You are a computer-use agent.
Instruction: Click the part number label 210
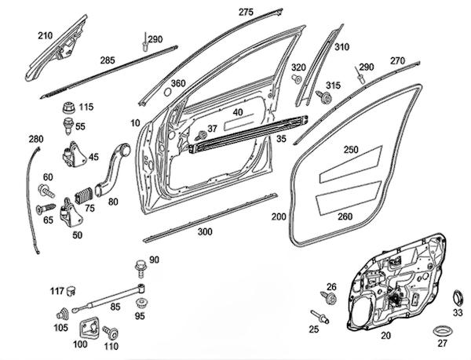pyautogui.click(x=45, y=36)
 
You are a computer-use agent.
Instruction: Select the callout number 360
pyautogui.click(x=178, y=83)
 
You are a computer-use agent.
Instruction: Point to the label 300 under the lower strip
pyautogui.click(x=205, y=232)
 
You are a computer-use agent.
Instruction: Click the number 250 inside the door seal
pyautogui.click(x=351, y=149)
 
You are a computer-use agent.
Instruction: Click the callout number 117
pyautogui.click(x=57, y=292)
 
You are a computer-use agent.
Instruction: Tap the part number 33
pyautogui.click(x=458, y=311)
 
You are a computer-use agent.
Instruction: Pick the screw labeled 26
pyautogui.click(x=330, y=300)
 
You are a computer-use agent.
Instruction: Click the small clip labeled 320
pyautogui.click(x=297, y=79)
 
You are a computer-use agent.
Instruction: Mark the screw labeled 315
pyautogui.click(x=321, y=96)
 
